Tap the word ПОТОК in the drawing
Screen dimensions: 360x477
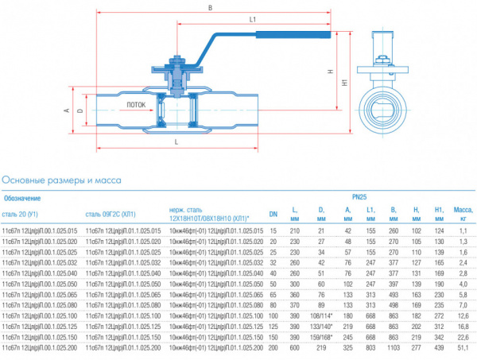coord(137,103)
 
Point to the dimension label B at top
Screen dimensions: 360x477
coord(208,9)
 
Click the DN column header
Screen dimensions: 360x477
coord(273,212)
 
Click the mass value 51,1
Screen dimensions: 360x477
coord(463,348)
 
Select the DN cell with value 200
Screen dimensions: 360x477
coord(273,348)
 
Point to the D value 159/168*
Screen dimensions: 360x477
coord(321,337)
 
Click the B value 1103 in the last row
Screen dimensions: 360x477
coord(393,348)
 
